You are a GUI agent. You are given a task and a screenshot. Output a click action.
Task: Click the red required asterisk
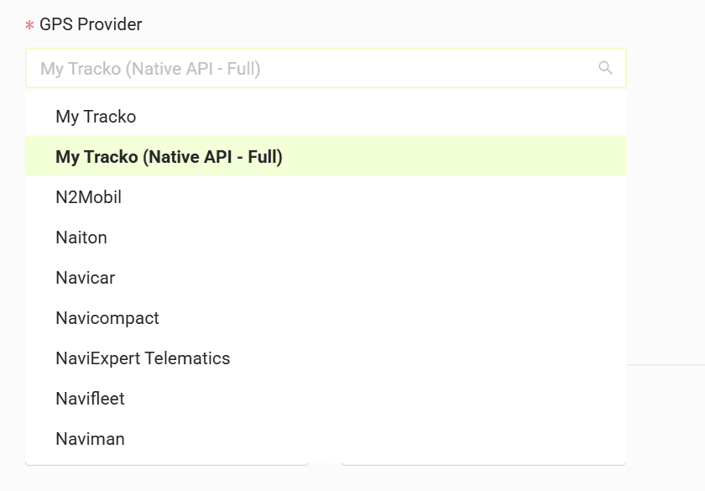(x=29, y=25)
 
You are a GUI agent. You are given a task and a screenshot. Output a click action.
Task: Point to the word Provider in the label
(x=110, y=24)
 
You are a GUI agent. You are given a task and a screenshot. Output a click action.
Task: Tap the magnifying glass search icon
(x=605, y=68)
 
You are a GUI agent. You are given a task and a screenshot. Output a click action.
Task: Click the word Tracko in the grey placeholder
(x=94, y=69)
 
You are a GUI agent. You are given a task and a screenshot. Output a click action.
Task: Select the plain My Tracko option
(x=96, y=117)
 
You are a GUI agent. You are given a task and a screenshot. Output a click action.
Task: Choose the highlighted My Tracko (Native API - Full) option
(x=169, y=157)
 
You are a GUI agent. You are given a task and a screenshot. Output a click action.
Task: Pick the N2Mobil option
(x=89, y=197)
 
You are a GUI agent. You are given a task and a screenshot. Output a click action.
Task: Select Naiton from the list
(x=81, y=238)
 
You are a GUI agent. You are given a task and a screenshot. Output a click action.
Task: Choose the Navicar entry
(x=86, y=278)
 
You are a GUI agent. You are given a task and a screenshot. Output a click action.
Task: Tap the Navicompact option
(x=107, y=318)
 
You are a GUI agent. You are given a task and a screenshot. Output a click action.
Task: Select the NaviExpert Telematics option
(x=143, y=358)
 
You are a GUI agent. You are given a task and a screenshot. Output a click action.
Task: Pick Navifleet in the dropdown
(x=90, y=399)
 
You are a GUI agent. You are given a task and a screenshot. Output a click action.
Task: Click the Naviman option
(x=91, y=439)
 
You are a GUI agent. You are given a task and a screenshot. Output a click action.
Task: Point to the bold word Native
(x=171, y=157)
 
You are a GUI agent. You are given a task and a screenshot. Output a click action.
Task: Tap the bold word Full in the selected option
(x=265, y=157)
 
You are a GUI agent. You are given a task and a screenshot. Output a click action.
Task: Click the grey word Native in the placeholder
(x=152, y=69)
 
